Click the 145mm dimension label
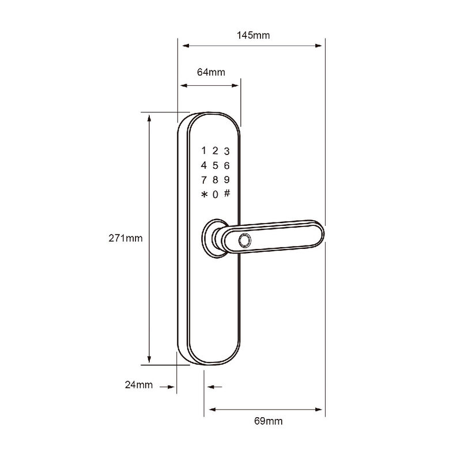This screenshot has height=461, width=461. [253, 35]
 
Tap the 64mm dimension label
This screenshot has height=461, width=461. [211, 72]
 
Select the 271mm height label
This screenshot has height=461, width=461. [126, 238]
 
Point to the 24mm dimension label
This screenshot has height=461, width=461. [139, 384]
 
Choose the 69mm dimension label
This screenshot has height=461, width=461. [268, 421]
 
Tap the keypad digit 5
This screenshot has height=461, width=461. [215, 165]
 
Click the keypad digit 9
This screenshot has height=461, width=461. [226, 180]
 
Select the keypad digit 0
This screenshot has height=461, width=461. [215, 194]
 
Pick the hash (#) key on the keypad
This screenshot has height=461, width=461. [227, 193]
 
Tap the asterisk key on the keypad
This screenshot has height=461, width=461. [204, 194]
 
